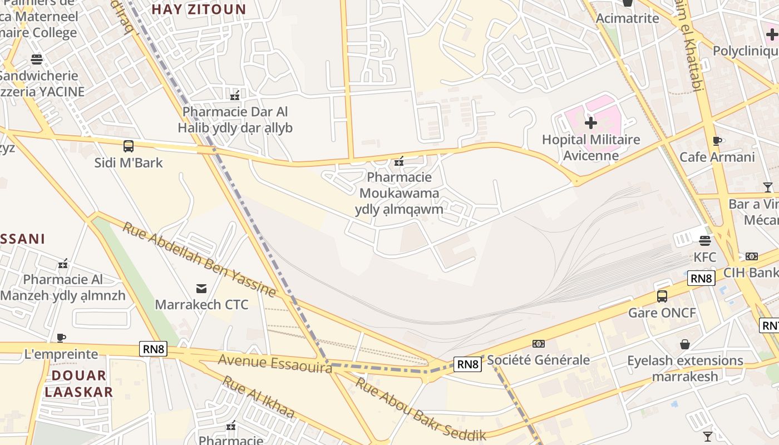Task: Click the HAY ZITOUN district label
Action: [x=199, y=9]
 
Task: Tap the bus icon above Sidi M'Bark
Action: [x=129, y=146]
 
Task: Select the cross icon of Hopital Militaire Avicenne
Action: [x=591, y=122]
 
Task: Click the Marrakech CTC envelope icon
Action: [x=201, y=288]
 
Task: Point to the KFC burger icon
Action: [x=705, y=241]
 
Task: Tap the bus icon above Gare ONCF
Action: [x=662, y=296]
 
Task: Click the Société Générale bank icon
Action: [x=538, y=344]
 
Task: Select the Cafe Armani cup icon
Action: [x=717, y=141]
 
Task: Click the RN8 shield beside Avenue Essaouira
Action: [x=467, y=364]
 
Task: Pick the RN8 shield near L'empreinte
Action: [x=153, y=349]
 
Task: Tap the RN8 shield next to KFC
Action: [x=701, y=278]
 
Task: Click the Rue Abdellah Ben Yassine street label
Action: [x=199, y=260]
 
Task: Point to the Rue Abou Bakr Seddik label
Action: [x=421, y=409]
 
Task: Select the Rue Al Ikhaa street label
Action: [x=258, y=397]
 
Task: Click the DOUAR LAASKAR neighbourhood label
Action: [x=78, y=383]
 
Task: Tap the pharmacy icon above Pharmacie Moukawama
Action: [x=399, y=162]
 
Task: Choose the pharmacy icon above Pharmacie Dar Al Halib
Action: [x=235, y=96]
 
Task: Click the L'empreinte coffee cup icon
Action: [x=61, y=338]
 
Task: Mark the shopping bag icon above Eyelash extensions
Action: [x=685, y=344]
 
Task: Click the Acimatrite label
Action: [x=627, y=18]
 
